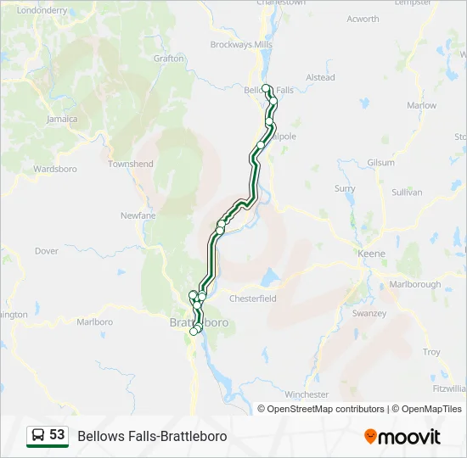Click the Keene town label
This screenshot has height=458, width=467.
pos(371,254)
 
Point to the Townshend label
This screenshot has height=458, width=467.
pos(131,164)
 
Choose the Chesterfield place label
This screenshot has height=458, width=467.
pos(253,299)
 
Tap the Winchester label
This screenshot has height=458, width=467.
pos(307,394)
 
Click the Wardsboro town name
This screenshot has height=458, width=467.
pos(55,169)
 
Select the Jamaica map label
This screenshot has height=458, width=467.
pos(62,119)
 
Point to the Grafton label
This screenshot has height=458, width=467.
pos(169,59)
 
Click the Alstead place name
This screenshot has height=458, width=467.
pos(320,77)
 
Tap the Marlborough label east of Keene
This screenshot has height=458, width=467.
pos(415,284)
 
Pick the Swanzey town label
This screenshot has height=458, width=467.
pos(369,313)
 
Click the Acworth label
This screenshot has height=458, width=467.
pos(363,19)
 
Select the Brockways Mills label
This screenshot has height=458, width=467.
pos(241,44)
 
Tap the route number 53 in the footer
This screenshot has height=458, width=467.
pos(57,435)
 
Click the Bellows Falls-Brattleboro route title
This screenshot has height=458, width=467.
pos(152,436)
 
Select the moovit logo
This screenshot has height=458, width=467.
pos(402,436)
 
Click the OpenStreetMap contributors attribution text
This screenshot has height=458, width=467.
pos(325,409)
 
